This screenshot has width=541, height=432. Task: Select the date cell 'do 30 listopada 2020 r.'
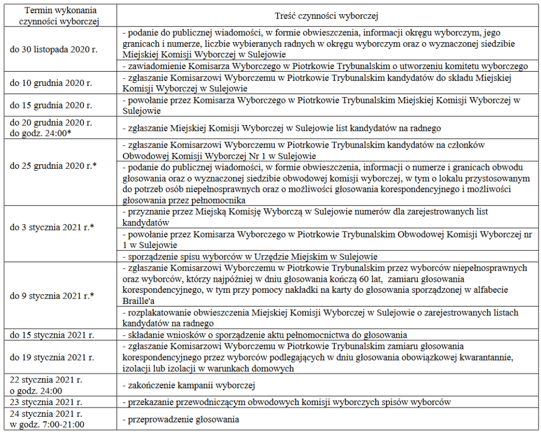click(x=54, y=50)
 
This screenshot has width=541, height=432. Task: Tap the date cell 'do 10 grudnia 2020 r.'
click(x=51, y=83)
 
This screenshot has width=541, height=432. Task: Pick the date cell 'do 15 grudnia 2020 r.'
click(x=51, y=105)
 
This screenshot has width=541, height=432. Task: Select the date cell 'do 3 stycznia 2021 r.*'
click(x=52, y=228)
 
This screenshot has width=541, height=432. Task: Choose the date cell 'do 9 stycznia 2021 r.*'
click(x=52, y=295)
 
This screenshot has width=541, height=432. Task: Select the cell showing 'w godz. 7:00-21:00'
click(x=47, y=424)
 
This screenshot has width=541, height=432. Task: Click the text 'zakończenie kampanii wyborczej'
click(x=189, y=384)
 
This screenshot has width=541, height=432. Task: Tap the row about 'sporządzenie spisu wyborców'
click(x=249, y=257)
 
